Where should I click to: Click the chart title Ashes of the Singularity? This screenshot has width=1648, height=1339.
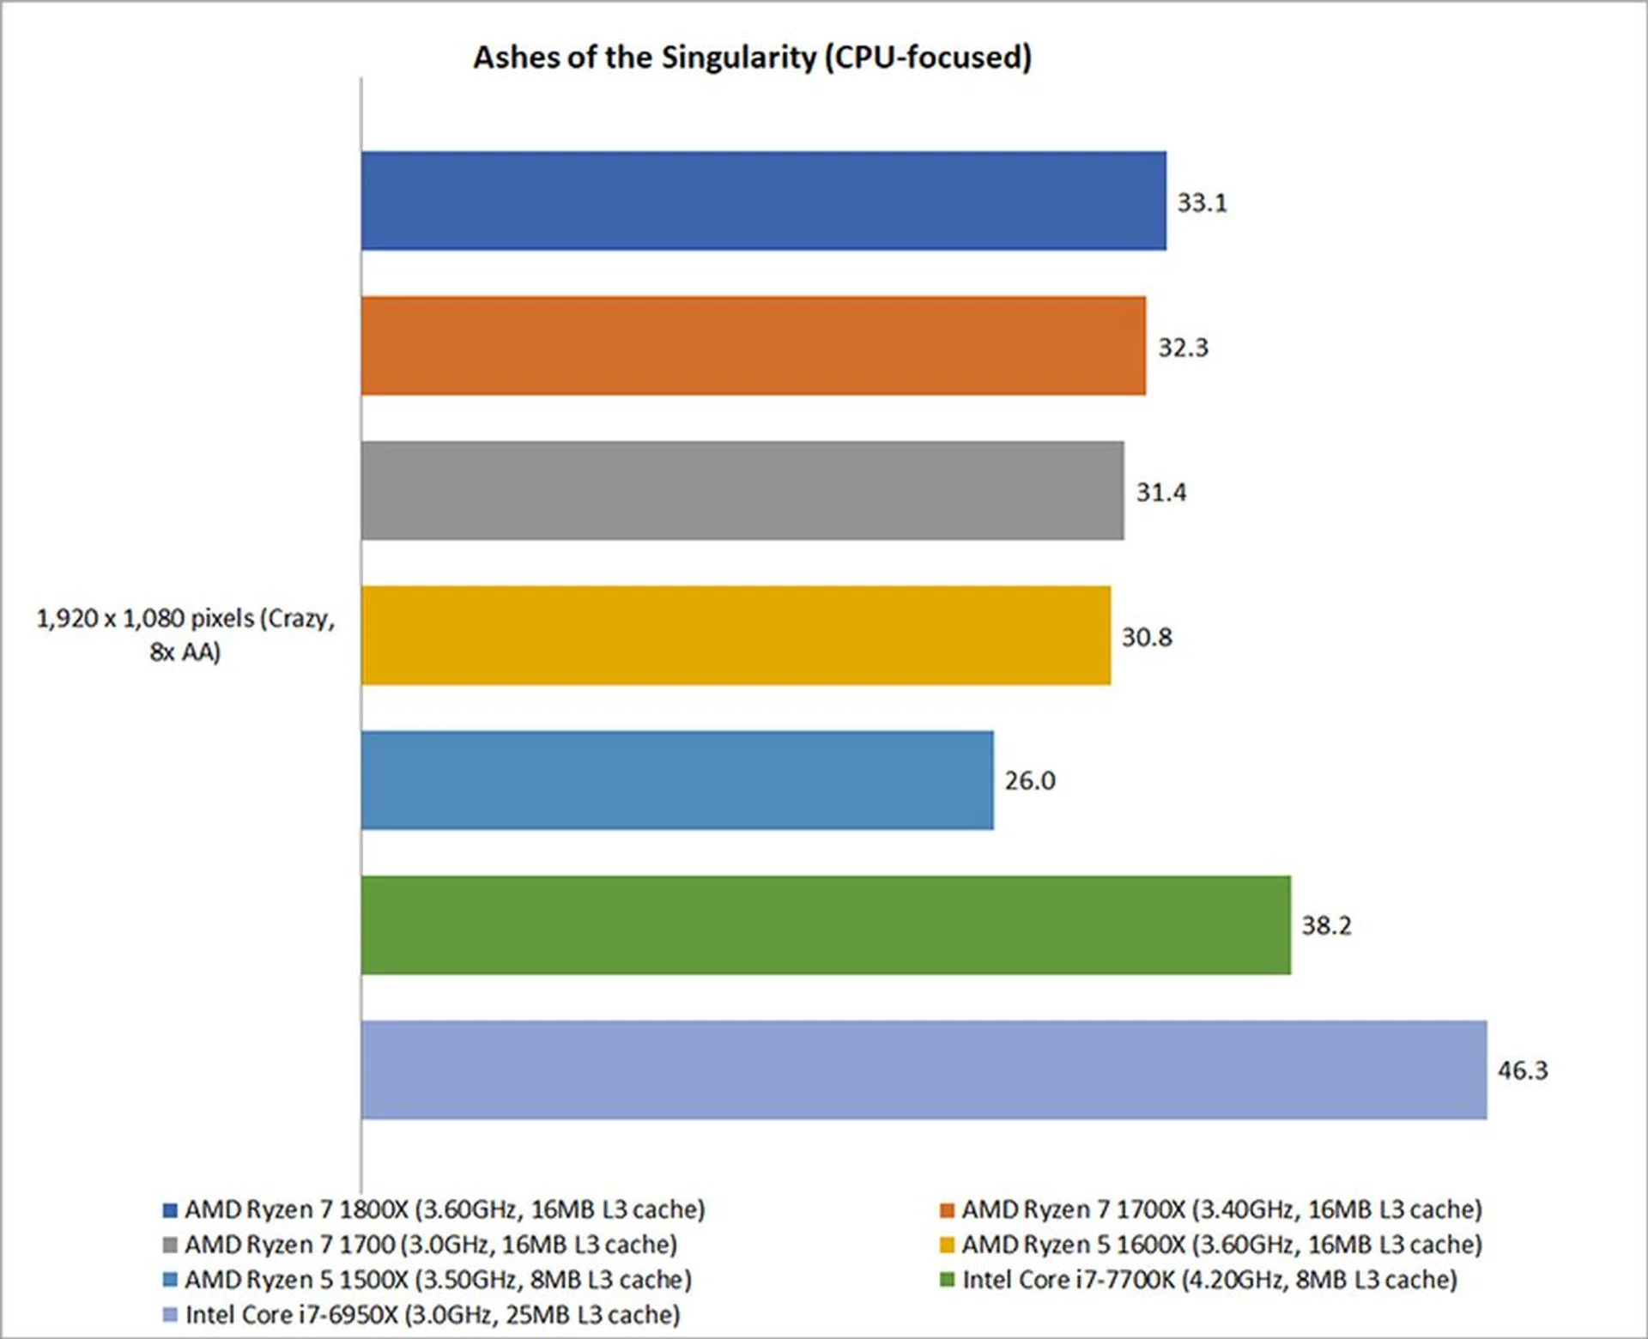752,58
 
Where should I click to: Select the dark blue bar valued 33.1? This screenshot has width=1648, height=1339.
763,201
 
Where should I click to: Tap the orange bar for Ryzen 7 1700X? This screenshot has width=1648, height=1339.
753,346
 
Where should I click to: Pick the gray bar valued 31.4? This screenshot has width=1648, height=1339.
742,491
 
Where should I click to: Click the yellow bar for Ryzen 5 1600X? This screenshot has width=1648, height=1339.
736,636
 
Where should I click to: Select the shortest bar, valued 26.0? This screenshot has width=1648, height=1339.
676,780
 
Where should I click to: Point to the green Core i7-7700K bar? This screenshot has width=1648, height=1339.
825,925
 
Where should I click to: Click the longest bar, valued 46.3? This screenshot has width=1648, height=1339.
924,1069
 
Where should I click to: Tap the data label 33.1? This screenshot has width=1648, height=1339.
1202,203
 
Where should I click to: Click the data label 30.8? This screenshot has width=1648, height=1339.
1146,637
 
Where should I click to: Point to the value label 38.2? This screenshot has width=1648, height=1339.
1326,925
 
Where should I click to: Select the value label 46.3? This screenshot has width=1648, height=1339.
1523,1070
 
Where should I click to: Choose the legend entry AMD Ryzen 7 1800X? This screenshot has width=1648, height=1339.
445,1209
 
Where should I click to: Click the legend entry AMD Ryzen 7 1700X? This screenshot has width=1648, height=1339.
1221,1209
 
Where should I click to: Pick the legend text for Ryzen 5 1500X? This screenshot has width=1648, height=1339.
438,1280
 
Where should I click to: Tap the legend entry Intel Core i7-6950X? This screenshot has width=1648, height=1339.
433,1315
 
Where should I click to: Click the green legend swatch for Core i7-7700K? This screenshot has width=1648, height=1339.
948,1280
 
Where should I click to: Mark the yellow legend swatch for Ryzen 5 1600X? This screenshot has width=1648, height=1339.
948,1245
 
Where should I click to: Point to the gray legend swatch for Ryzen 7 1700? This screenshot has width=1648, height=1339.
170,1245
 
